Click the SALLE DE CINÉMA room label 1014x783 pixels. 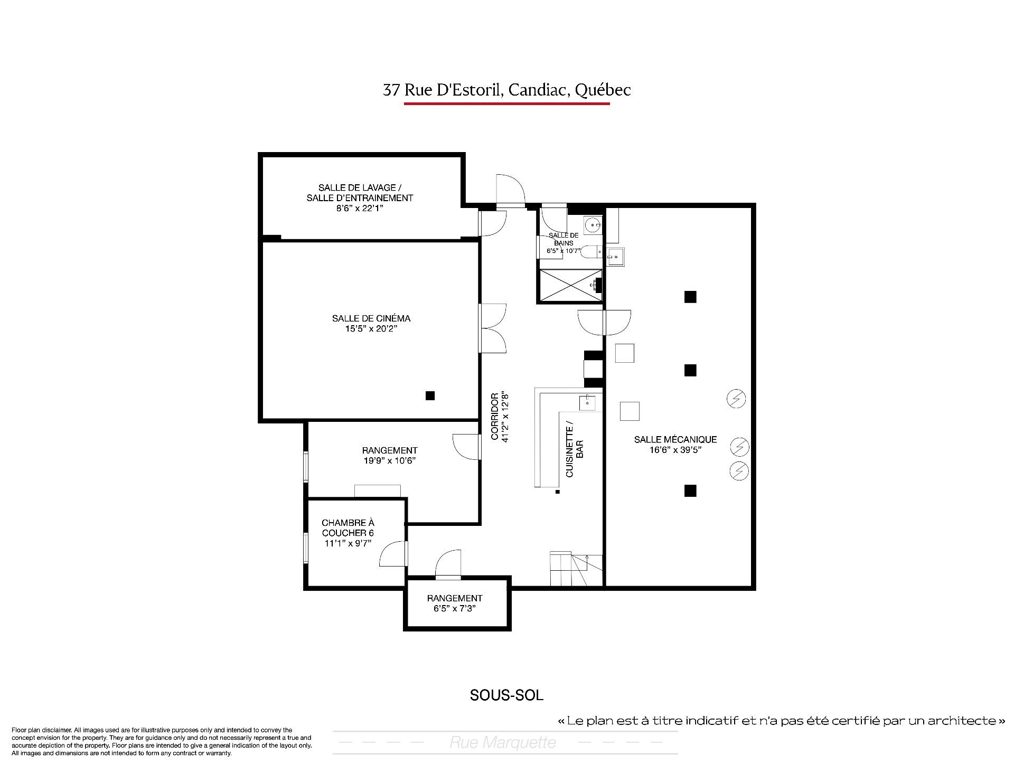coord(371,318)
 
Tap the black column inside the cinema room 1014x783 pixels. coord(430,395)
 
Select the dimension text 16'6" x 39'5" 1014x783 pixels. coord(675,450)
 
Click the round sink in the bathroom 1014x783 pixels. coord(594,224)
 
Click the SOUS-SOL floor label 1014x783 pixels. coord(506,695)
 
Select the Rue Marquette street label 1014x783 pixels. coord(503,743)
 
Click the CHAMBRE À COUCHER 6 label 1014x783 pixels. coord(348,528)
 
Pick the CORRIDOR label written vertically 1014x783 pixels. coord(495,417)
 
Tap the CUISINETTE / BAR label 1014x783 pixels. coord(574,449)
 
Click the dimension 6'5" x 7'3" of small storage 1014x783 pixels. coord(455,609)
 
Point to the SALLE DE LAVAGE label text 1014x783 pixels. coord(360,187)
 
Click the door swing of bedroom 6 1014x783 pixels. coord(393,554)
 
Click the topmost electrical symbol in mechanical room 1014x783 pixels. coord(736,398)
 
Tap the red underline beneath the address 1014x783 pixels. coord(507,103)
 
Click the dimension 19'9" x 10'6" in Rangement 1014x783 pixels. coord(390,460)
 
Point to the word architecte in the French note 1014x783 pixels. coord(964,720)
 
